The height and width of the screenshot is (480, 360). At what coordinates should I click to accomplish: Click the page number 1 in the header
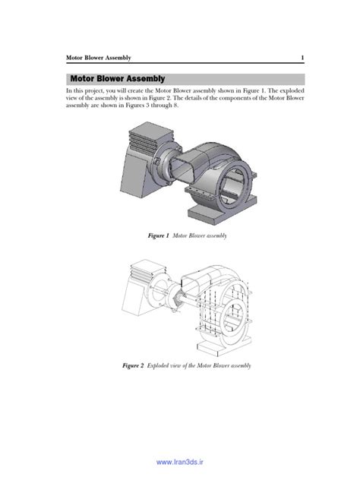(302, 58)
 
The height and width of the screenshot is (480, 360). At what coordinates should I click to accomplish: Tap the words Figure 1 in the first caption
(158, 236)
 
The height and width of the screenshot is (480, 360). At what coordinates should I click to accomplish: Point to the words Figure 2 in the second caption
(133, 365)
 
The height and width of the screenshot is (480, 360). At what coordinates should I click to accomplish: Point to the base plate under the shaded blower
(228, 207)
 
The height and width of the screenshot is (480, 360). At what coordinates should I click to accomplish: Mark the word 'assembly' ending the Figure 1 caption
(216, 236)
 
